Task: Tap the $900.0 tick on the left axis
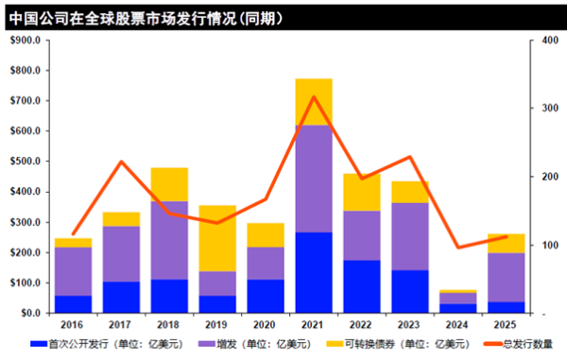tap(25, 41)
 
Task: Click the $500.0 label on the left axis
tap(25, 162)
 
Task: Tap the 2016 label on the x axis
tap(73, 324)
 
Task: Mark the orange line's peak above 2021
tap(314, 97)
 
